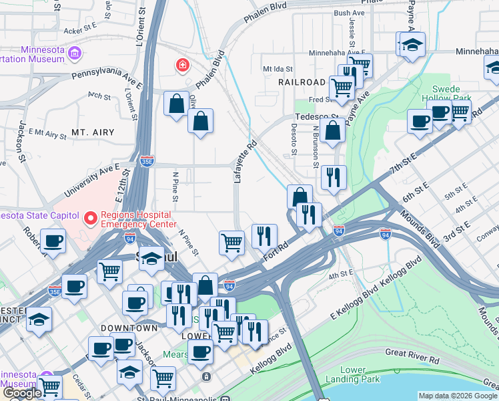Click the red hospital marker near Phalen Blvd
181,65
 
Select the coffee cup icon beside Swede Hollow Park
420,121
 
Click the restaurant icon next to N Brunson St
333,177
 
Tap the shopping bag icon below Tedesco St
332,130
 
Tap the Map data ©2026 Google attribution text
458,396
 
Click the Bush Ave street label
350,13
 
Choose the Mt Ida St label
278,68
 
